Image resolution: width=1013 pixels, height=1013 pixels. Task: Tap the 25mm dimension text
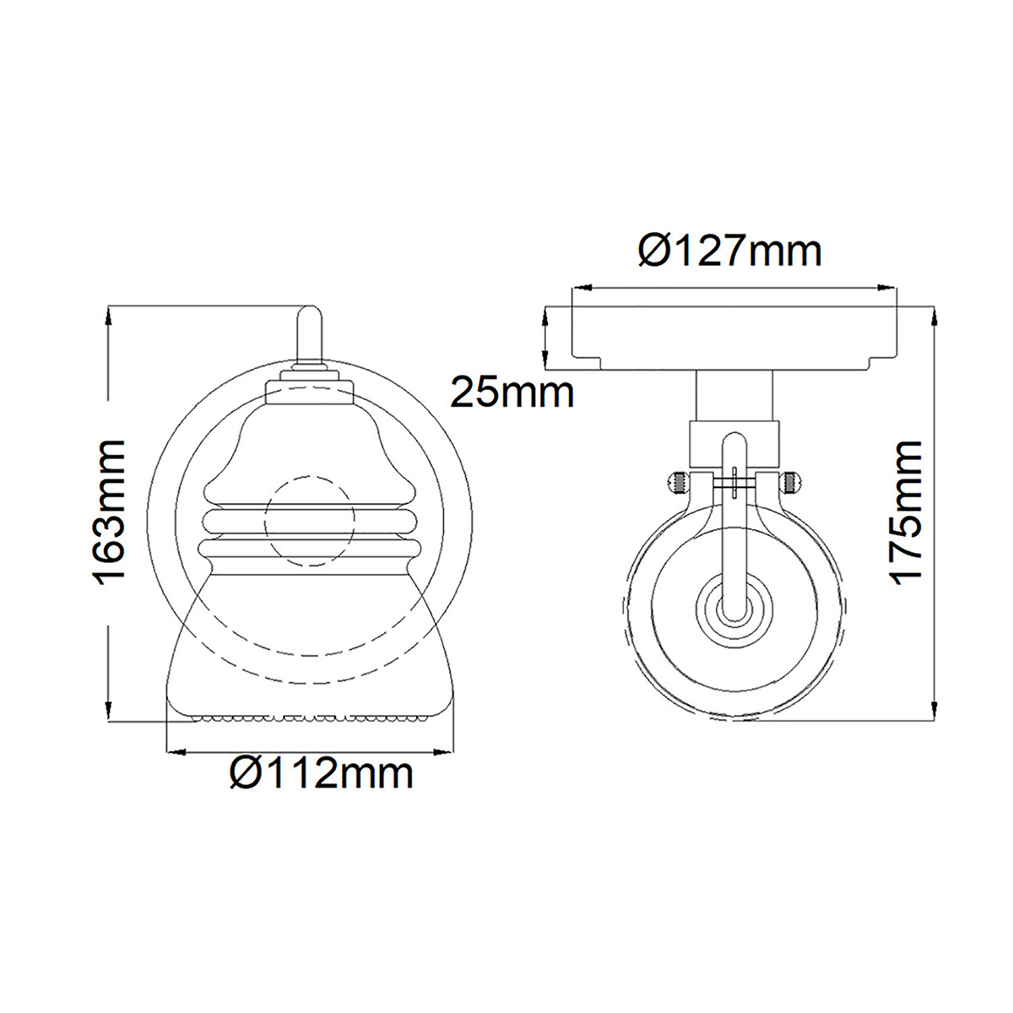tap(512, 393)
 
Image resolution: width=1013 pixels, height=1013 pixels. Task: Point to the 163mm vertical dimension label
tap(110, 512)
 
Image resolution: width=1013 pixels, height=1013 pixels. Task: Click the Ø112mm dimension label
tap(322, 772)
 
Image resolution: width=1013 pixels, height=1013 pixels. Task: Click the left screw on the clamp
tap(679, 484)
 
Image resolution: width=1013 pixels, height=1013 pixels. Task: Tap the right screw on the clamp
tap(789, 484)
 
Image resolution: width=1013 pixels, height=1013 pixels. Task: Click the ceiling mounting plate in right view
tap(734, 338)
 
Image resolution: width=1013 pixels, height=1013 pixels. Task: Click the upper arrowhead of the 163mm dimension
tap(109, 314)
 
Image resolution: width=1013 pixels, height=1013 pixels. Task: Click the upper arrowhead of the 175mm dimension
tap(934, 314)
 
